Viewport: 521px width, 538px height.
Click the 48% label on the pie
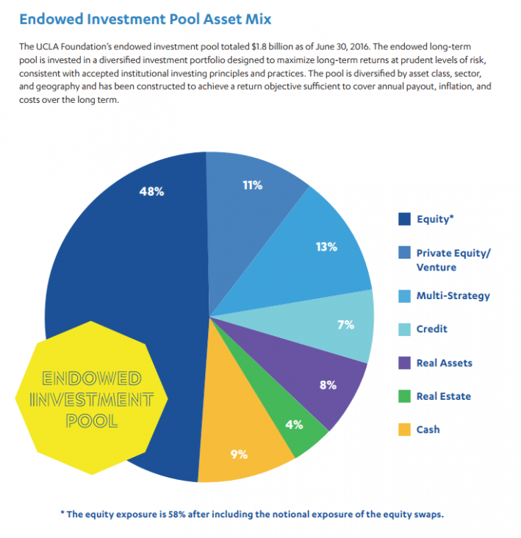151,191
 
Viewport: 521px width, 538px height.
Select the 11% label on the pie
252,185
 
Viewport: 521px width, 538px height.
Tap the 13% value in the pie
326,247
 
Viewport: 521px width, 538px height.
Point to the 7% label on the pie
345,324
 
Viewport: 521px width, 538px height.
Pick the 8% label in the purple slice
328,384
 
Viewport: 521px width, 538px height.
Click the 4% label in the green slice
293,424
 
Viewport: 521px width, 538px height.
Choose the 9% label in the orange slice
238,454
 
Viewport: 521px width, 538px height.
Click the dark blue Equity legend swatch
403,218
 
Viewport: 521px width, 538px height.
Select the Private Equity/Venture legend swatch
403,253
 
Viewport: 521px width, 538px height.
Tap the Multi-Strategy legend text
453,295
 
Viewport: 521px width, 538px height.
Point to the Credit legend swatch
403,329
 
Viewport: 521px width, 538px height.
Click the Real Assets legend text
444,362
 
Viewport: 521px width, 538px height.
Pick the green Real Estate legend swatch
403,396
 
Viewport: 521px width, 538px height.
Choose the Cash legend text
428,429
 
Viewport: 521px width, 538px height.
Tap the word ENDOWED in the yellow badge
91,379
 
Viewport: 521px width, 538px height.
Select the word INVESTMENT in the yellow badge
91,401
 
